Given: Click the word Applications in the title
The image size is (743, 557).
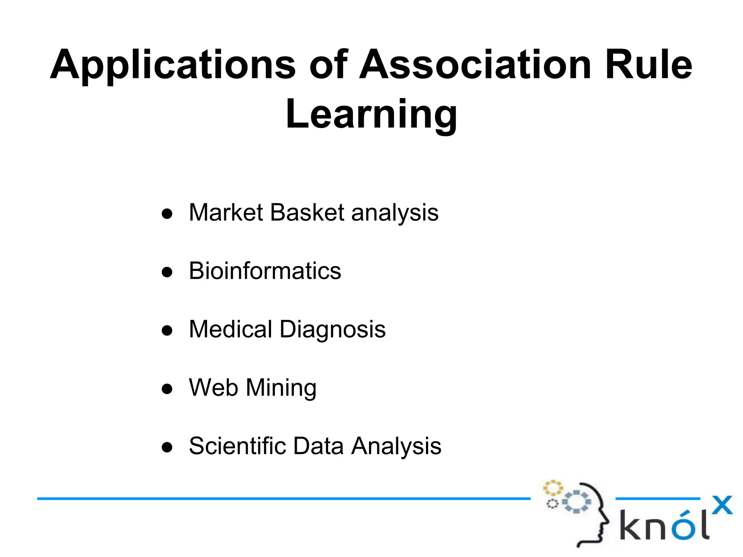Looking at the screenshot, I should point(173,65).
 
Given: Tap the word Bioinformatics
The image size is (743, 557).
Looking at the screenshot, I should point(265,271).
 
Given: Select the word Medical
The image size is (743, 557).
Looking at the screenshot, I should point(230,329).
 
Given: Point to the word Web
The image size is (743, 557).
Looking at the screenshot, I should point(213,388).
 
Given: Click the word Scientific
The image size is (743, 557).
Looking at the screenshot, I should point(237,446).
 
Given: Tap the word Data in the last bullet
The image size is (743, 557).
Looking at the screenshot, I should point(318,446).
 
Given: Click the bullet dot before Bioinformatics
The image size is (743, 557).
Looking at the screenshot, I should point(167,272).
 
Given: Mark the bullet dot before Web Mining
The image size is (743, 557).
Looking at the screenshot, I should point(167,389).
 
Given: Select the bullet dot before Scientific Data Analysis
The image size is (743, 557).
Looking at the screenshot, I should point(167,447).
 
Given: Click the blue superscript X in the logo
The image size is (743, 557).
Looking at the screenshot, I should point(722,505).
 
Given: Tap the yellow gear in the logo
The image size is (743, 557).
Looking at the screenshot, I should point(553,488).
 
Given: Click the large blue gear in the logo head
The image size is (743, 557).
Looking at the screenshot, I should point(576,502).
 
